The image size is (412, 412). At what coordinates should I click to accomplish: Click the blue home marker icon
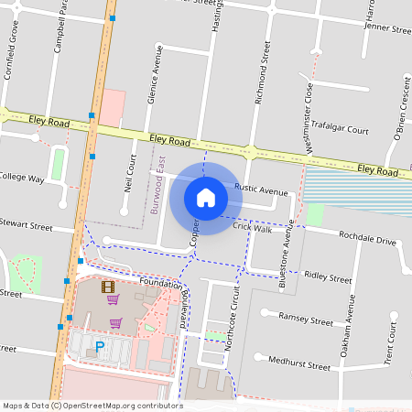pyautogui.click(x=206, y=197)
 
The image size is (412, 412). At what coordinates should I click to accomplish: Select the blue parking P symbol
pyautogui.click(x=99, y=347)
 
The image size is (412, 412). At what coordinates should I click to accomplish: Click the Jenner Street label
pyautogui.click(x=388, y=28)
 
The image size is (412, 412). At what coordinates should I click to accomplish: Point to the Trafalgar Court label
pyautogui.click(x=339, y=130)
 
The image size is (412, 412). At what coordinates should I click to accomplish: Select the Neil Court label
pyautogui.click(x=131, y=171)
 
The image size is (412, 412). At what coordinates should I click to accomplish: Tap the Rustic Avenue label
pyautogui.click(x=261, y=191)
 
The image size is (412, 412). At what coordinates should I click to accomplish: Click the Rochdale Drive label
pyautogui.click(x=366, y=241)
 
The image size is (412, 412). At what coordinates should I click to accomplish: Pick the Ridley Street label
pyautogui.click(x=328, y=276)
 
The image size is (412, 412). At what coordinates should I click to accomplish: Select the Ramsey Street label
pyautogui.click(x=309, y=321)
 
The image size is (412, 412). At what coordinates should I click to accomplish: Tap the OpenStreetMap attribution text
pyautogui.click(x=92, y=406)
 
